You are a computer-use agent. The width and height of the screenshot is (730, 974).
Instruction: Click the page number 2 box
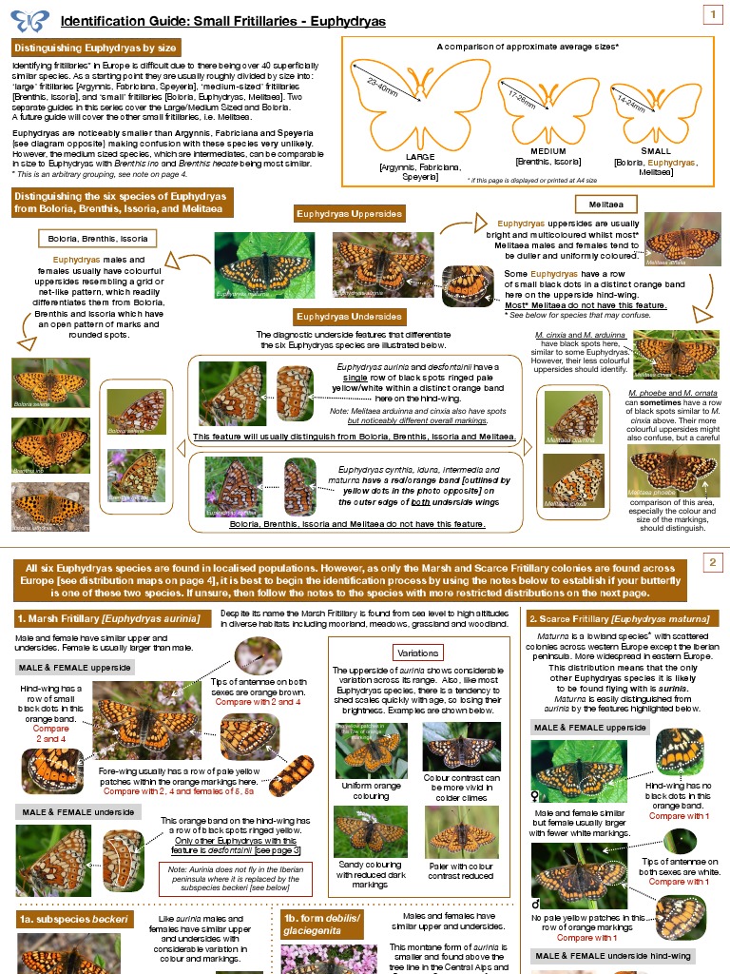click(711, 563)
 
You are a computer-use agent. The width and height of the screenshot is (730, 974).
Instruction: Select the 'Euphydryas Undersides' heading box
click(350, 316)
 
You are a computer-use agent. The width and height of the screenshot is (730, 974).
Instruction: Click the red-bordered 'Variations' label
click(418, 653)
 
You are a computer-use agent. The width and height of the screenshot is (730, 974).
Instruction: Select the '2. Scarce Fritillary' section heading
click(620, 618)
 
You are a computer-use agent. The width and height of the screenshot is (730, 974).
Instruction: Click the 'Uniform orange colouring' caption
click(371, 790)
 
